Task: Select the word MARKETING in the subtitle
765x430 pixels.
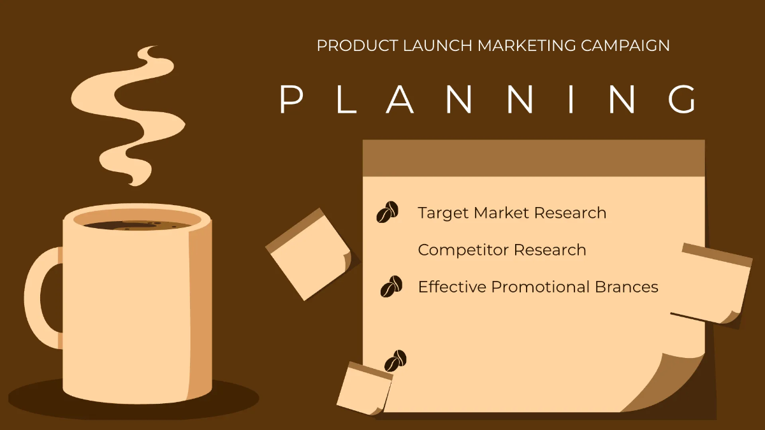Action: pos(527,46)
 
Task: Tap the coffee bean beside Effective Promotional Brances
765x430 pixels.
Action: pos(391,287)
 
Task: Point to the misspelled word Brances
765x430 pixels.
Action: pos(627,287)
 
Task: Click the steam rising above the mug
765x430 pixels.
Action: pos(127,115)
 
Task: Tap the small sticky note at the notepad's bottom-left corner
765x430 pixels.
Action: pos(363,389)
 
